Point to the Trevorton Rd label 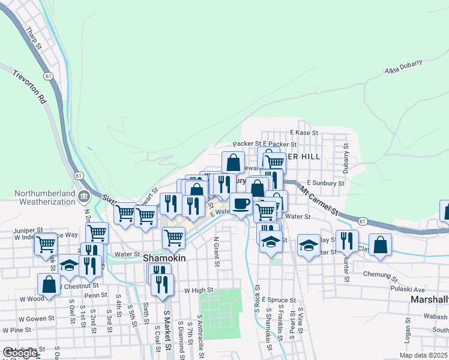point(29,88)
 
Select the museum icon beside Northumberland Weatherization point(83,195)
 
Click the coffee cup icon point(241,204)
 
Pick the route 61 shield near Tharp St point(47,76)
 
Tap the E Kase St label point(303,132)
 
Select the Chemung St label point(380,275)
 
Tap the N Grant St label point(216,251)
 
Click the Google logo point(20,353)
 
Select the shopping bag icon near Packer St point(233,162)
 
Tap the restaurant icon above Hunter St point(347,241)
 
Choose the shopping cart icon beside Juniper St point(46,245)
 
